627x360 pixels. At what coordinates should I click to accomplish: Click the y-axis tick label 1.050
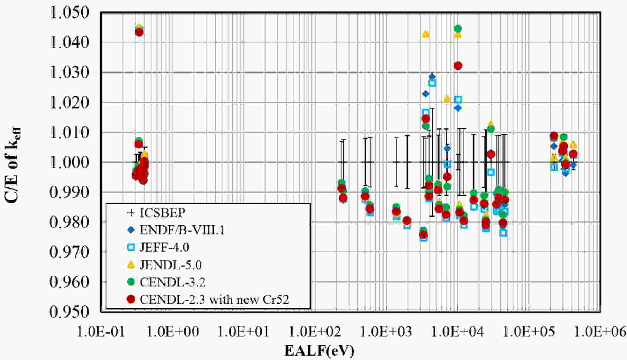(69, 13)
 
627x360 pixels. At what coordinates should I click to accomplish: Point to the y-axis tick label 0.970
(69, 252)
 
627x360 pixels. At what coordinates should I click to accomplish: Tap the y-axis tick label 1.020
(69, 103)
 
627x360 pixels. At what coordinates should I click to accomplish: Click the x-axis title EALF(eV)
(319, 351)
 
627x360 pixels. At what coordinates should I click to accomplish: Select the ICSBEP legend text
(162, 213)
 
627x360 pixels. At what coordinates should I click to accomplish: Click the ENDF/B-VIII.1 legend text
(182, 230)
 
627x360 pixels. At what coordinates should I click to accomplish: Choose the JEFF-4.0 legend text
(164, 247)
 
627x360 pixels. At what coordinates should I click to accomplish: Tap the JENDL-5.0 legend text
(171, 265)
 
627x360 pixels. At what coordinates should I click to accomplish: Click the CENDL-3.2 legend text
(173, 282)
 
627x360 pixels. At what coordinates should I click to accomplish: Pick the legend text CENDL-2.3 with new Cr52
(214, 299)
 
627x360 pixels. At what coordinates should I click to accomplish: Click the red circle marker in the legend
(131, 299)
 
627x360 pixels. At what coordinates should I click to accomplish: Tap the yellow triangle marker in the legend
(131, 265)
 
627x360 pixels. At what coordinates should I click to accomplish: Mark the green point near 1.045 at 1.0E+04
(458, 29)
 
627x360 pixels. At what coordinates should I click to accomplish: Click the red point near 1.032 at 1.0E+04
(458, 66)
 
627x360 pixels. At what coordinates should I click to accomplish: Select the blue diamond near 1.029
(432, 77)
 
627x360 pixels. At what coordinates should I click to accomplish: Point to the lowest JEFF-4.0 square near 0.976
(503, 233)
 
